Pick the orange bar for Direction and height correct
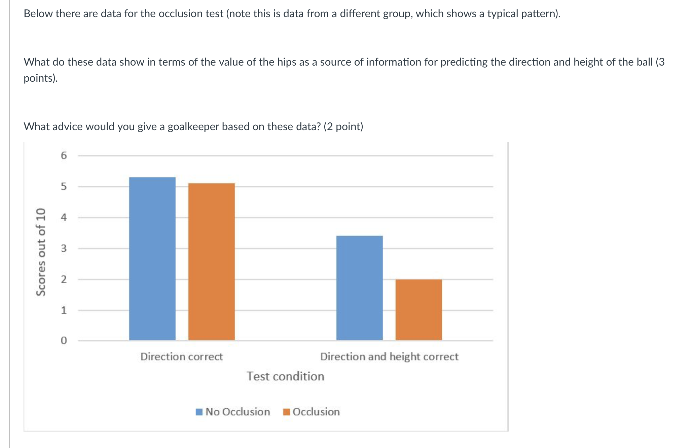(x=418, y=309)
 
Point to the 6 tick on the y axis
(x=64, y=155)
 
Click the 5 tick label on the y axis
(x=64, y=186)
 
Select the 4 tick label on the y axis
(x=64, y=217)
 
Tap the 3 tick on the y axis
(x=64, y=249)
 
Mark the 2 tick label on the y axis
(x=64, y=279)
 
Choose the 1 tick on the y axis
(x=64, y=310)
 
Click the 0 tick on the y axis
(x=64, y=341)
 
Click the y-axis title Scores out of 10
(x=41, y=252)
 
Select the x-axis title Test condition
(x=285, y=376)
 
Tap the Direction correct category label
(x=181, y=357)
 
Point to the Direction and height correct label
(x=389, y=357)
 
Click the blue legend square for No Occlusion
(x=199, y=412)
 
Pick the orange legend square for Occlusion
(x=286, y=412)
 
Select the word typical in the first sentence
(x=503, y=14)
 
